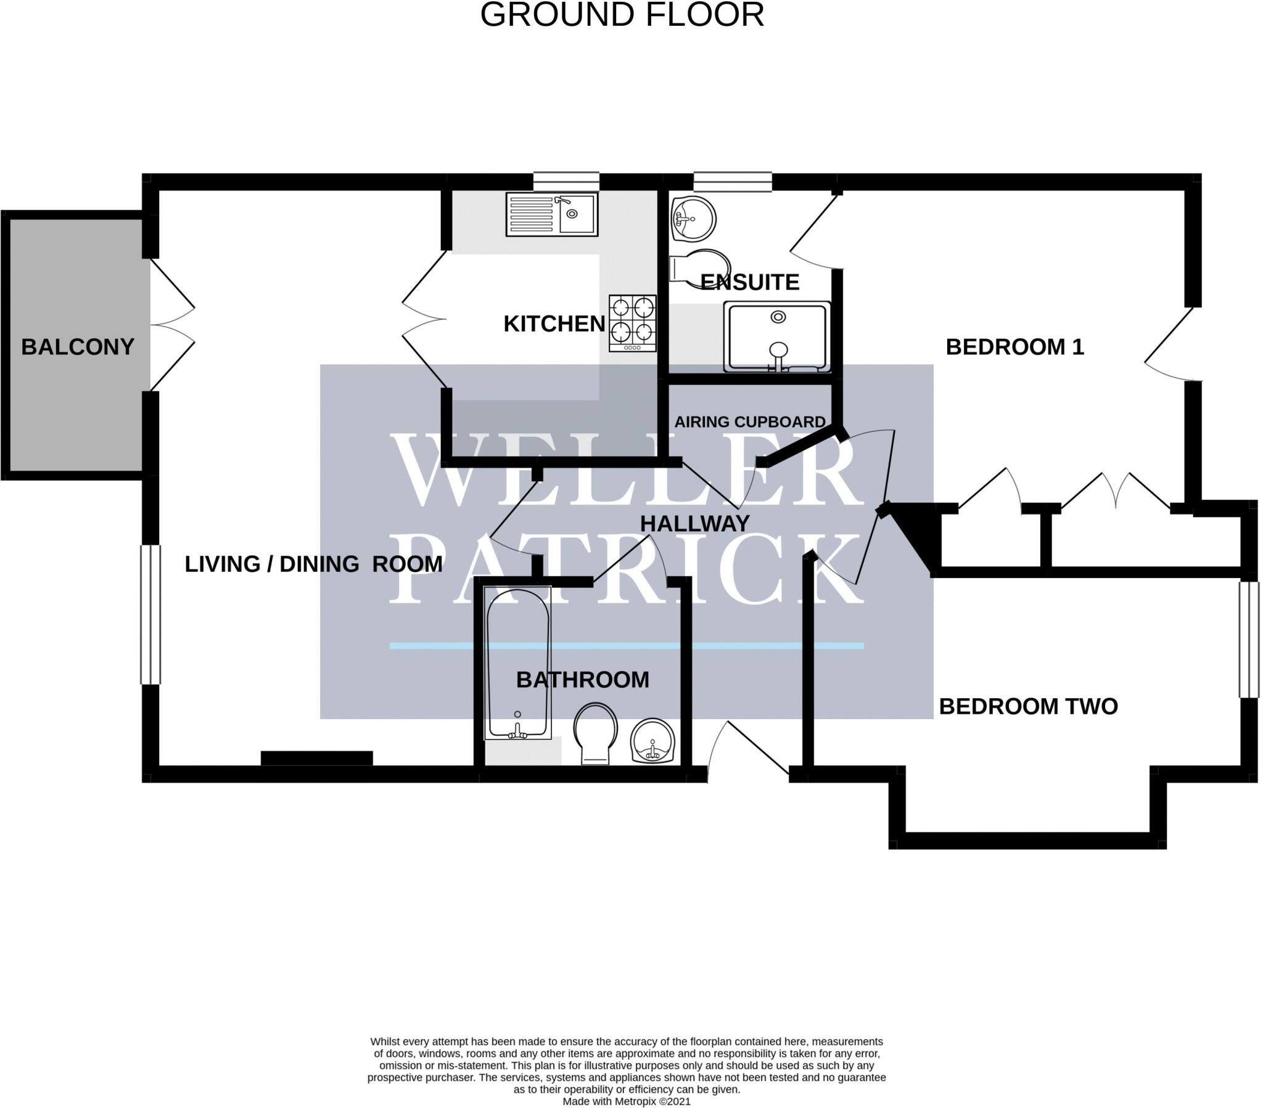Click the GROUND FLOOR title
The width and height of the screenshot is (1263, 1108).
(x=622, y=15)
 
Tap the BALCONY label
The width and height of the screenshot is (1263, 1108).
(x=78, y=347)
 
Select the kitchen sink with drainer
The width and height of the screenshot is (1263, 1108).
(x=551, y=214)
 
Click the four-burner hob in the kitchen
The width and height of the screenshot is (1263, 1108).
(x=632, y=322)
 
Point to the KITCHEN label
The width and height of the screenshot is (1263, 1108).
(x=554, y=324)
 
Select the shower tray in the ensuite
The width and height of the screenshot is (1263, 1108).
(x=777, y=338)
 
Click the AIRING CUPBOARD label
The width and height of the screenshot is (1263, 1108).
(x=749, y=422)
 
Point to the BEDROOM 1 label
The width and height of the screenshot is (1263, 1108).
(x=1014, y=347)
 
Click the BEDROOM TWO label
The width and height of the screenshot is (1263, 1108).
(x=1028, y=707)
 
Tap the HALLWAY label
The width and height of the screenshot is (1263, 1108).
(x=694, y=524)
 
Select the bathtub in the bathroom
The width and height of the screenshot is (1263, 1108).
(x=518, y=662)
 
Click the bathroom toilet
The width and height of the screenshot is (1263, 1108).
(x=595, y=733)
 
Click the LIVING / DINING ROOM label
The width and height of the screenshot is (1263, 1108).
(x=313, y=564)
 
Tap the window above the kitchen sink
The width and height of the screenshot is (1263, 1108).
(x=566, y=181)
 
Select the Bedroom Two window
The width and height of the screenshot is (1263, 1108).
(x=1248, y=639)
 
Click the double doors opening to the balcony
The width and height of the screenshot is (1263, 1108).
(x=173, y=325)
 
